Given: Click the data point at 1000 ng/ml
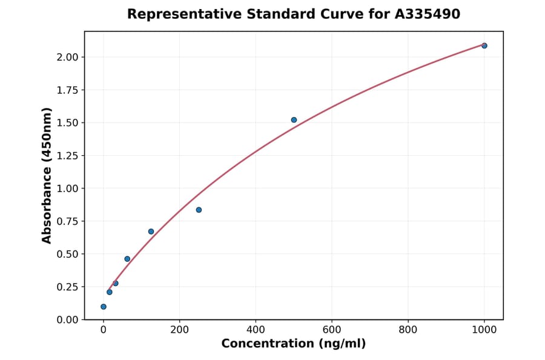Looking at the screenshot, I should pos(484,45).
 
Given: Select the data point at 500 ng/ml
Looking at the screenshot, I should pos(294,120).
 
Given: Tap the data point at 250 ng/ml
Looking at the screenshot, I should pos(199,210).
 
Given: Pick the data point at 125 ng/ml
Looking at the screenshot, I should pos(151,232).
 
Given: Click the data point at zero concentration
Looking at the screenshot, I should pos(104,307).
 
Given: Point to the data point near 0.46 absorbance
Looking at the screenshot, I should pos(127,259).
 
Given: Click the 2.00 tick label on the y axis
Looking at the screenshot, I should pos(67,57).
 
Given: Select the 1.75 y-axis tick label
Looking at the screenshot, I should pos(67,90).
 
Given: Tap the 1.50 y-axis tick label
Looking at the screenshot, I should pos(67,123).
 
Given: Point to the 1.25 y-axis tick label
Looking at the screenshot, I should pos(67,156).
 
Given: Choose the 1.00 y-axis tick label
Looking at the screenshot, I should pos(67,188).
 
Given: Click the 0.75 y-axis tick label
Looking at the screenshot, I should pos(67,221).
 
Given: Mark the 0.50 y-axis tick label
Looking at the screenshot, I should pos(67,254).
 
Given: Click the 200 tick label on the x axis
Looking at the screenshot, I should pos(179,330).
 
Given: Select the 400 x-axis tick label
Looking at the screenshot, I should pos(256,330).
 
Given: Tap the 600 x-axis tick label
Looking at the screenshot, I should pos(332,330).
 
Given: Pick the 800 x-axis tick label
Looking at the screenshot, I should pos(408,330).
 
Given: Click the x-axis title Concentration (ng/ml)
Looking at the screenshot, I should pos(294,344).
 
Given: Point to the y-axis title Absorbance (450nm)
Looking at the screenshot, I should pos(47,175).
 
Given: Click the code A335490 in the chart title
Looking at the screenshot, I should pos(428,14).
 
